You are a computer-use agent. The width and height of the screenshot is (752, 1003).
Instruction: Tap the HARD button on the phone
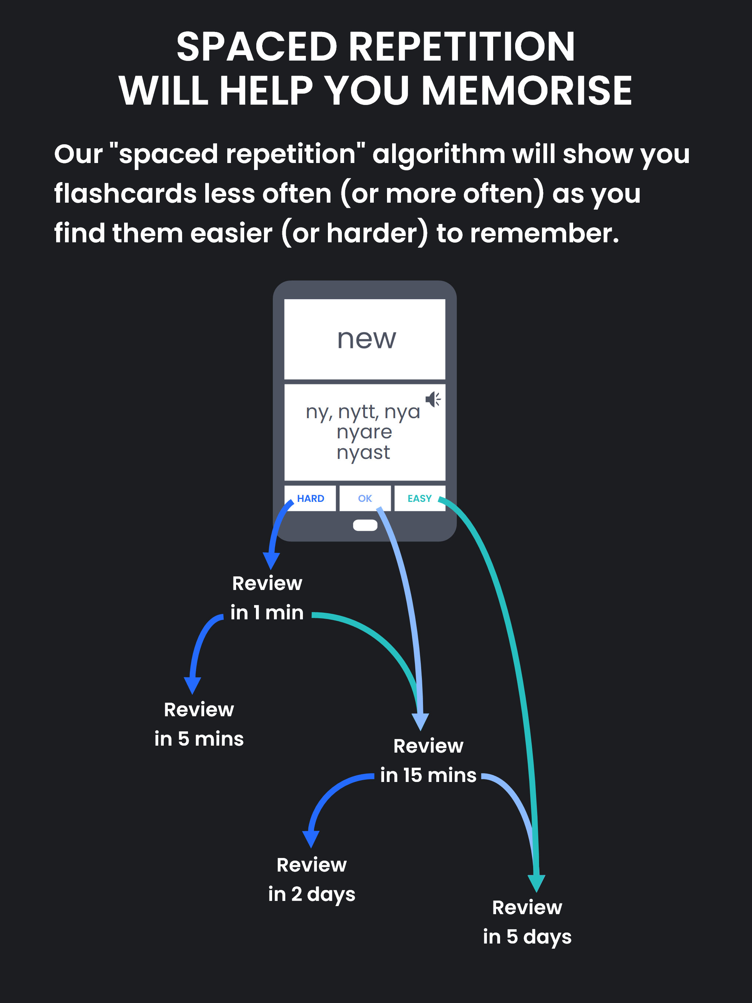[x=310, y=498]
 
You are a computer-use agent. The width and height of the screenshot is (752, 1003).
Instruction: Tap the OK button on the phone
[x=365, y=498]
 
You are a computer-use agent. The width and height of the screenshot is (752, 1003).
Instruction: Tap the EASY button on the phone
[x=420, y=498]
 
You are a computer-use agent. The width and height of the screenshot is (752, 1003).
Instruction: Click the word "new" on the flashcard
[x=366, y=339]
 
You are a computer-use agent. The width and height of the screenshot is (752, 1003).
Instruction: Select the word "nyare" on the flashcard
[x=364, y=432]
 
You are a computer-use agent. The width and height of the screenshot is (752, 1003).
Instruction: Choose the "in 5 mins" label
[x=199, y=739]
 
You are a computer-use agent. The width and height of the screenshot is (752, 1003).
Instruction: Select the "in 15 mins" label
[x=428, y=775]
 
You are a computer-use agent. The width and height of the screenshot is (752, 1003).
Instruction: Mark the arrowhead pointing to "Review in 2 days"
[x=311, y=839]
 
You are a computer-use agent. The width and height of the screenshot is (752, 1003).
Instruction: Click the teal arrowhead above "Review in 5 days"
[x=536, y=883]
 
